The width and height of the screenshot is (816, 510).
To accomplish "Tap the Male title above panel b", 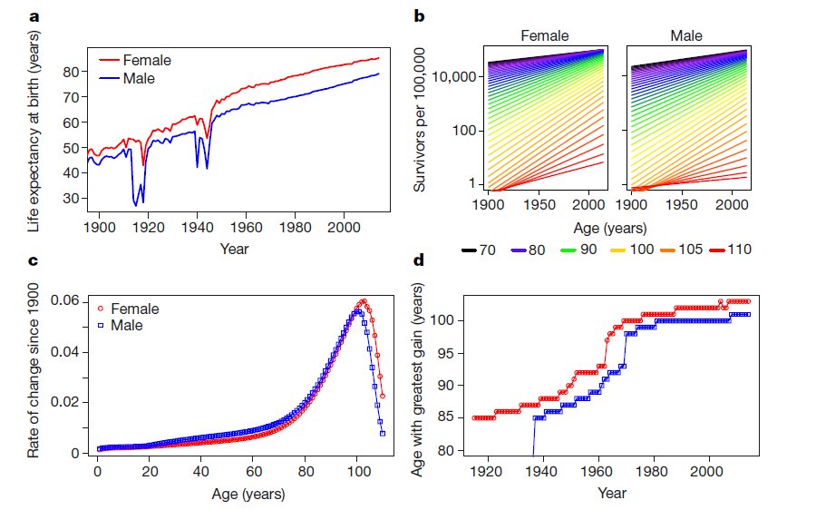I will coord(686,36).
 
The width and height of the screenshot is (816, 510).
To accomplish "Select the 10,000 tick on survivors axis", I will coord(452,77).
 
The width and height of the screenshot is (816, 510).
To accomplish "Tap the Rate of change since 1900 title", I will coord(34,376).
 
